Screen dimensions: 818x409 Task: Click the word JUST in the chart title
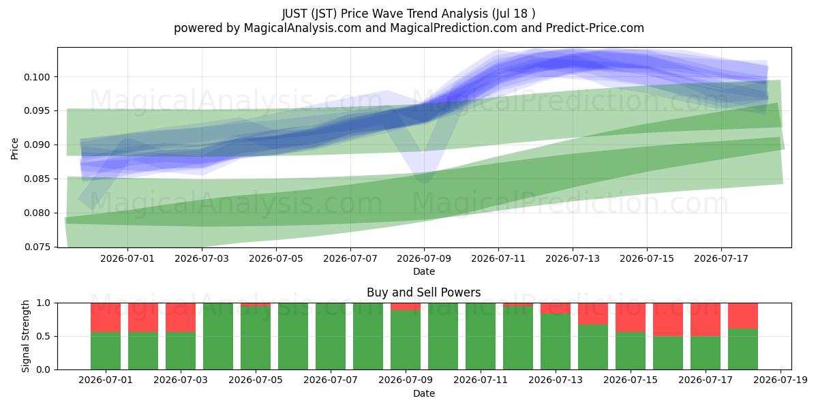pos(294,14)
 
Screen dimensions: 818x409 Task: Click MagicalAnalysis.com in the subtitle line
pos(303,28)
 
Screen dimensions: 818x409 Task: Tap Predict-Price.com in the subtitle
pos(595,28)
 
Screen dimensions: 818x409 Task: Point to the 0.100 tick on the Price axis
pos(37,77)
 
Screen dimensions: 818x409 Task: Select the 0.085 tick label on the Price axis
pos(37,179)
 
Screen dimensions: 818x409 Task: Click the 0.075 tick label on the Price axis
pos(37,247)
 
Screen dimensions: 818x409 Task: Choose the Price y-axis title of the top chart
pos(14,149)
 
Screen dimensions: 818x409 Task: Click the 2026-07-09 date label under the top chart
pos(424,258)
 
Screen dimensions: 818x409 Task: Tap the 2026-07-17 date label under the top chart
pos(721,258)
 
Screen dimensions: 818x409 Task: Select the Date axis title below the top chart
pos(424,271)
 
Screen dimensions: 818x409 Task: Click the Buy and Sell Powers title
pos(423,292)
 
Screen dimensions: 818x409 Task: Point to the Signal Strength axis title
pos(25,336)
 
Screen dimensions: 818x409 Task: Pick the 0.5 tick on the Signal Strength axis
pos(44,336)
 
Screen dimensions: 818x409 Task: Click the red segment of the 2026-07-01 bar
pos(106,318)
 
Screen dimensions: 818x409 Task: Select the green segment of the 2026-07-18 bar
pos(743,349)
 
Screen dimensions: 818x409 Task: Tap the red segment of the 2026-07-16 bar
pos(668,320)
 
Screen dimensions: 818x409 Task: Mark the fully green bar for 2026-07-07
pos(331,336)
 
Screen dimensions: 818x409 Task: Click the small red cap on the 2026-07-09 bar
pos(406,307)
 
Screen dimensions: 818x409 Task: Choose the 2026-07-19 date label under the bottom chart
pos(781,380)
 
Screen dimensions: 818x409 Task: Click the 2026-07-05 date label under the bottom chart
pos(256,380)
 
